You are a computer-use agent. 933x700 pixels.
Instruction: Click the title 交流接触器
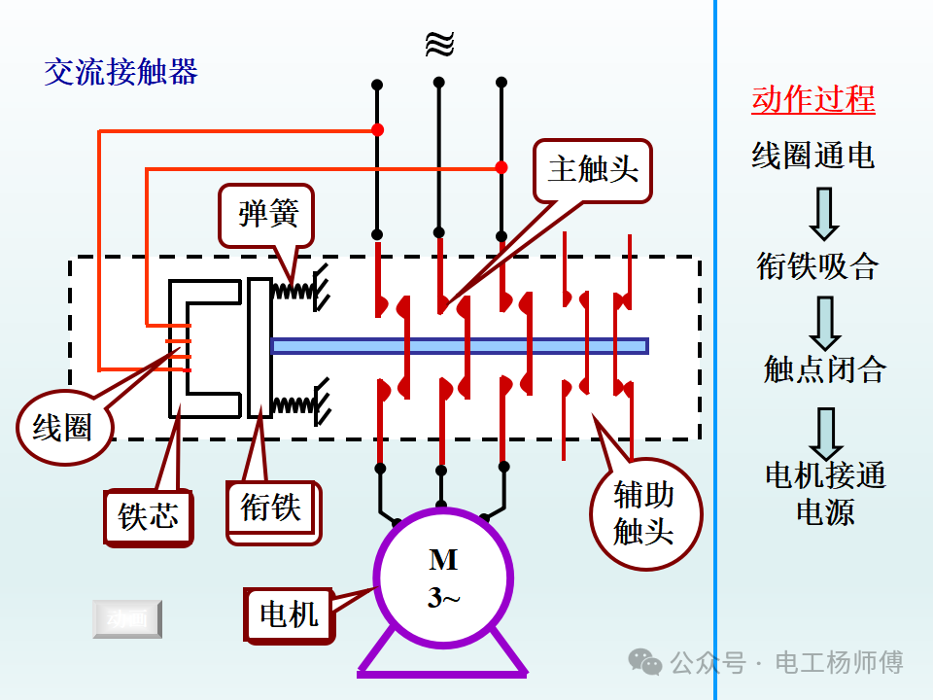pos(121,72)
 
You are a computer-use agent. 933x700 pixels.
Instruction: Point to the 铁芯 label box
pos(149,515)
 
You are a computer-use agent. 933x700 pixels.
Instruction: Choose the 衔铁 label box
pos(271,507)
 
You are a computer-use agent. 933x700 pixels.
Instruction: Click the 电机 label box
pos(289,614)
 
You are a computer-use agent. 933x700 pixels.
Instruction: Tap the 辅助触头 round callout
pos(643,511)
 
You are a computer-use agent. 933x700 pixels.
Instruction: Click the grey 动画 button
pos(127,619)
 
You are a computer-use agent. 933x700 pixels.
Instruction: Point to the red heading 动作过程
pos(812,99)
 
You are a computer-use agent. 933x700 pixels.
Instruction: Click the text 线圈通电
pos(812,155)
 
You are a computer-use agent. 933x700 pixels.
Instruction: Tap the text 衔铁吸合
pos(817,266)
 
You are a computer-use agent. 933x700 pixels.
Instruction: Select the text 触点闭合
pos(824,369)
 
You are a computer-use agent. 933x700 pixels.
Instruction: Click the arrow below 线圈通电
pos(824,213)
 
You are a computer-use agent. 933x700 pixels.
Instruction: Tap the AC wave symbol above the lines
pos(439,44)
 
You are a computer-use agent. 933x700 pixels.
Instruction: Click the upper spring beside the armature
pos(293,290)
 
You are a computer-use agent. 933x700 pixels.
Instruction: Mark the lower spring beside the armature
pos(293,403)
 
